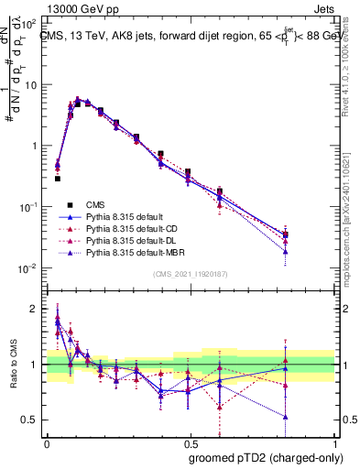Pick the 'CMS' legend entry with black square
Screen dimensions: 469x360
(95, 203)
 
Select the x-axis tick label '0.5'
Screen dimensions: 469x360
(189, 441)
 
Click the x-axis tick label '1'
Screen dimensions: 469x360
(333, 441)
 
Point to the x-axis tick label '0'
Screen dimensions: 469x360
(46, 441)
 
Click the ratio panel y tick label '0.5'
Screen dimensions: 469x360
(31, 420)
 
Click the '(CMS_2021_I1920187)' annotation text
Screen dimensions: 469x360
(190, 273)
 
